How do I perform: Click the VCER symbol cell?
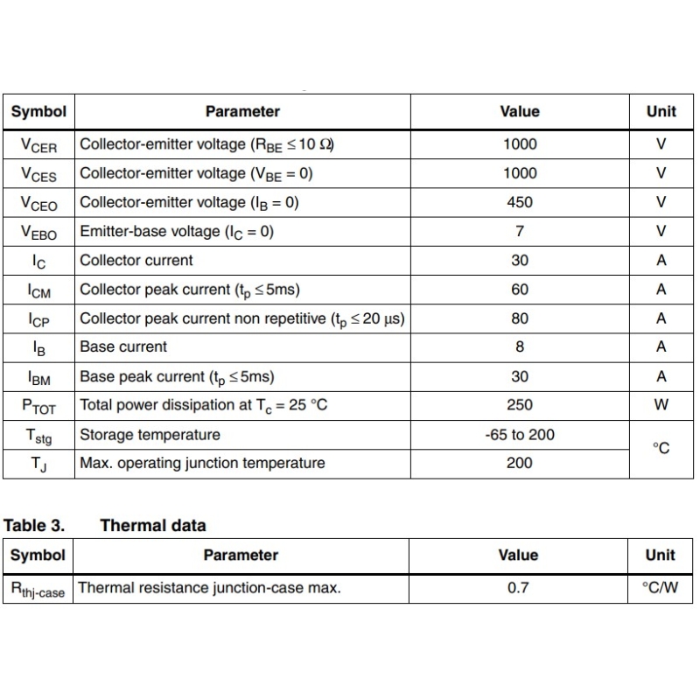38,145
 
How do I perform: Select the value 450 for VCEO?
520,202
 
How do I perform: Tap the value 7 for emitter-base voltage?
520,231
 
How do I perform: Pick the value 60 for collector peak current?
520,289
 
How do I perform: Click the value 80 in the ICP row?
520,318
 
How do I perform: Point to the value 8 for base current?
520,346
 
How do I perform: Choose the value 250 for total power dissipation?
520,405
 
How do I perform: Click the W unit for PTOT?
661,405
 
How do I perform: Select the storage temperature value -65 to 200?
520,434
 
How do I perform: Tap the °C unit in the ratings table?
661,448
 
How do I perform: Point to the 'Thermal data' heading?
153,526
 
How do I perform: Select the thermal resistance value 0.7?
519,588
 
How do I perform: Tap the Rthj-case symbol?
38,590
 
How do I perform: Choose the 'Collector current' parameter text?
136,260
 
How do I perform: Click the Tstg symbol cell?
38,436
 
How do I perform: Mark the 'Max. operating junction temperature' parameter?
202,463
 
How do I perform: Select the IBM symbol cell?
38,378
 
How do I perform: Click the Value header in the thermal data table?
519,555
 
